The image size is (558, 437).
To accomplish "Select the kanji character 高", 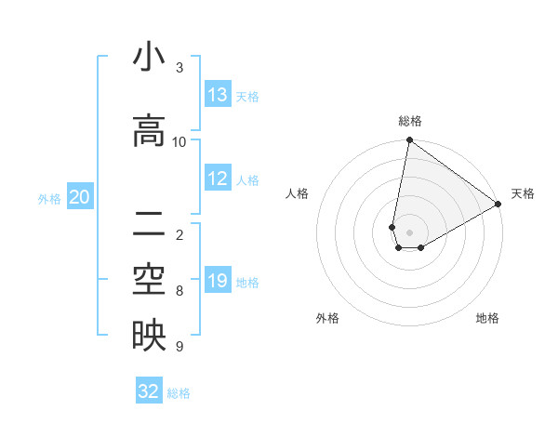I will click(x=148, y=131).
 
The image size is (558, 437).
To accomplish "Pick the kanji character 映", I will click(x=148, y=337).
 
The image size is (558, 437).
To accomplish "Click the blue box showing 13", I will click(x=218, y=95).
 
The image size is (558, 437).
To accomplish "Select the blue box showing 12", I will click(x=218, y=179).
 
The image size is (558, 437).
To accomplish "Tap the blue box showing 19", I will click(x=218, y=281).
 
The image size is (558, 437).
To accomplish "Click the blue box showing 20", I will click(x=80, y=197).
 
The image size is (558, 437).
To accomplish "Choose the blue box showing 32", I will click(x=149, y=391).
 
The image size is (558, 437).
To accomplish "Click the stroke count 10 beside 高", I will click(x=179, y=141).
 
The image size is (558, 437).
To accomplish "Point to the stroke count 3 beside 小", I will click(x=179, y=67).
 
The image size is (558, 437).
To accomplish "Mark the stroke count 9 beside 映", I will click(x=179, y=347).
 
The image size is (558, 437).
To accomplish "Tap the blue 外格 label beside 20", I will click(x=49, y=198).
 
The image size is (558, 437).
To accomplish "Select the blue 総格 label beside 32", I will click(x=179, y=392).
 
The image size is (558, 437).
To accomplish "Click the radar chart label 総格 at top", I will click(x=410, y=121).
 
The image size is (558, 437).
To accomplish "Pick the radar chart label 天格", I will click(x=523, y=193).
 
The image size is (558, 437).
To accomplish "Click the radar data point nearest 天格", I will click(x=498, y=205).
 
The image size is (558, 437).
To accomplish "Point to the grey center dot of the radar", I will click(x=410, y=232).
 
